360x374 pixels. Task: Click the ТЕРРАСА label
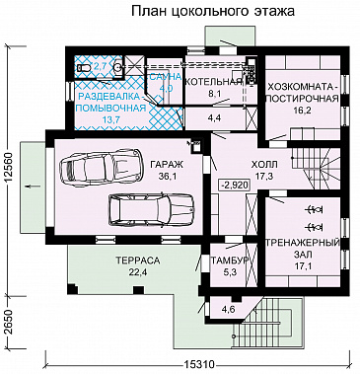point(130,261)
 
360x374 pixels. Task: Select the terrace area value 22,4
point(130,272)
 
